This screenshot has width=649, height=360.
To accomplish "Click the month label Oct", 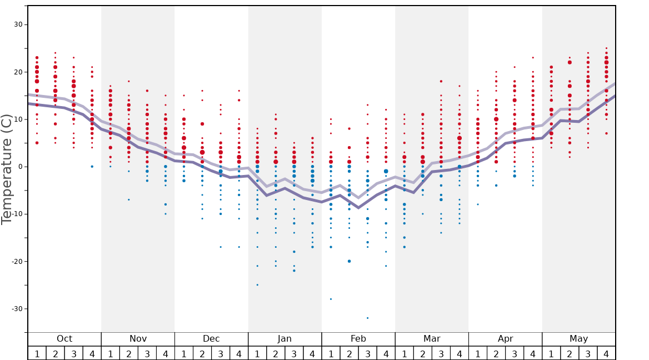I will (x=64, y=339).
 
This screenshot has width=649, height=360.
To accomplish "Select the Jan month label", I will (x=284, y=339).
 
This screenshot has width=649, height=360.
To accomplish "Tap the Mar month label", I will (x=432, y=339).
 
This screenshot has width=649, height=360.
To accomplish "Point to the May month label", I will (x=578, y=339).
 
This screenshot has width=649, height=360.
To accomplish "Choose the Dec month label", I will (x=211, y=339).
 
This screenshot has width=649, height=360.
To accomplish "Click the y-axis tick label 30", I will (x=18, y=24).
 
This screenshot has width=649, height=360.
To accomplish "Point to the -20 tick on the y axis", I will (x=17, y=262).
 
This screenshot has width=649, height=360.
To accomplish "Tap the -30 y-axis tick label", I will (x=17, y=309).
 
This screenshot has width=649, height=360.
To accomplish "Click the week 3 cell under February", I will (x=367, y=353).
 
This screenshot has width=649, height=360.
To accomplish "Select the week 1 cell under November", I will (x=111, y=353).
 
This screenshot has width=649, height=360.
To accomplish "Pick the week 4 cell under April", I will (x=533, y=353).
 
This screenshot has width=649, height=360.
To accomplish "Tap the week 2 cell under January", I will (x=276, y=353).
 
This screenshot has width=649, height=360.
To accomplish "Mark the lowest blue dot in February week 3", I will (x=367, y=318).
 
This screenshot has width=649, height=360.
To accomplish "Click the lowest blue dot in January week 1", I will (x=257, y=285).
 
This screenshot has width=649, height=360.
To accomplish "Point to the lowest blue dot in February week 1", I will (x=331, y=299).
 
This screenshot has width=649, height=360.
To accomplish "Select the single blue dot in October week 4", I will (x=92, y=167).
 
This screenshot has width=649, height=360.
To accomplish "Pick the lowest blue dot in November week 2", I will (x=129, y=200).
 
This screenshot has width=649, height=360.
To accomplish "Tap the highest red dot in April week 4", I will (x=533, y=58).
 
